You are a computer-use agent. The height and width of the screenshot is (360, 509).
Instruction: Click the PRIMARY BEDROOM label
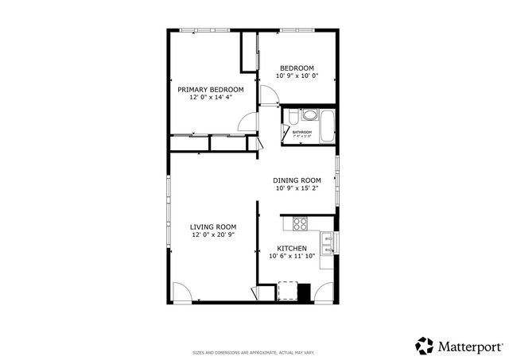[210, 90]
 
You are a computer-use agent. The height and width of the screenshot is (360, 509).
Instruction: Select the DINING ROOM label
[297, 180]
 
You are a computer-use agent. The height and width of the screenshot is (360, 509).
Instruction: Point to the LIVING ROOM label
[212, 226]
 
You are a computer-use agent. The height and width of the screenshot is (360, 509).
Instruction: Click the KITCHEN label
[292, 248]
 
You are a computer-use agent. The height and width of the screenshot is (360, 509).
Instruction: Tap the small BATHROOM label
[301, 132]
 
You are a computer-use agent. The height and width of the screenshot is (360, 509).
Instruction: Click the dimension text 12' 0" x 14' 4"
[210, 98]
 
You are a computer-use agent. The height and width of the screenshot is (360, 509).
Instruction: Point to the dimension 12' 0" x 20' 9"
[212, 234]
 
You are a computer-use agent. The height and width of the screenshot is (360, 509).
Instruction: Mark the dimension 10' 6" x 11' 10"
[292, 256]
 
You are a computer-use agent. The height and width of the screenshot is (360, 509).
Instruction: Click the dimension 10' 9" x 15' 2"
[297, 188]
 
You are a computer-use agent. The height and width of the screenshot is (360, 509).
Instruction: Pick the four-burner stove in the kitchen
[300, 222]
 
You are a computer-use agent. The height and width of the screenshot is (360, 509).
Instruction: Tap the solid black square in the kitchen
[303, 292]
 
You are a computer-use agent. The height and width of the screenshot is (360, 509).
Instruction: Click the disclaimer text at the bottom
[254, 351]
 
